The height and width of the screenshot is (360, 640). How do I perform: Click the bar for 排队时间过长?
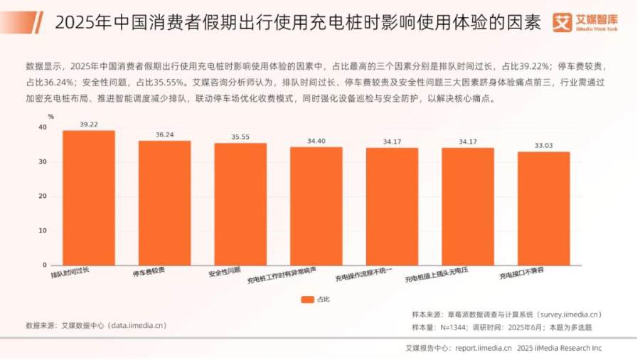(89, 198)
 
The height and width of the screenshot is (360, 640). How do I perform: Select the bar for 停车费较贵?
(164, 203)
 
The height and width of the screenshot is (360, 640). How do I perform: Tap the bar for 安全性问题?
(240, 204)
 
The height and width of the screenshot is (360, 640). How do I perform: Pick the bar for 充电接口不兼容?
(544, 208)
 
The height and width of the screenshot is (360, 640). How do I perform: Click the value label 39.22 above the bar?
(89, 125)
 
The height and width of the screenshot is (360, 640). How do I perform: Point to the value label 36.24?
(164, 134)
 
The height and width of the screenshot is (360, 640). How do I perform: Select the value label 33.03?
(544, 146)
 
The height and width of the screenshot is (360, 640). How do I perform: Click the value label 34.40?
(316, 141)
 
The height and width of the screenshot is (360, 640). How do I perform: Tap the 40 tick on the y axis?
(43, 127)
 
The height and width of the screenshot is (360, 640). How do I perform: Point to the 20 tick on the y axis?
(43, 196)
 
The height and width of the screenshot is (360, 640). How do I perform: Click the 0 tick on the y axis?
(45, 265)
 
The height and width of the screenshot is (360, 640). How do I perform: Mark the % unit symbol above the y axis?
(50, 117)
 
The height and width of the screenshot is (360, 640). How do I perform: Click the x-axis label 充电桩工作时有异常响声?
(282, 275)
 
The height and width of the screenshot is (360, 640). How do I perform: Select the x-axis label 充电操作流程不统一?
(363, 275)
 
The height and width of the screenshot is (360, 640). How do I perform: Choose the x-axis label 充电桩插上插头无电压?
(437, 275)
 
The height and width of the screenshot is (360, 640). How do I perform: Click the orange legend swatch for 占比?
(307, 300)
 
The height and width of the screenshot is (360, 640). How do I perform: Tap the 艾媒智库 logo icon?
(562, 22)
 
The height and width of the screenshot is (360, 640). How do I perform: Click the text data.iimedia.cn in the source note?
(139, 326)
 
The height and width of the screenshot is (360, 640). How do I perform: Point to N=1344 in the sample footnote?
(453, 327)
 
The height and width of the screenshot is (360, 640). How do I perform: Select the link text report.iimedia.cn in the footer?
(484, 348)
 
